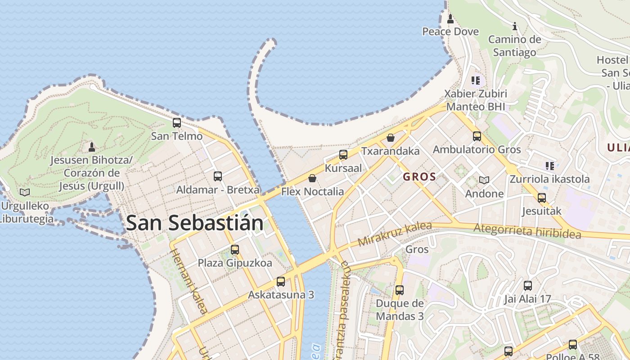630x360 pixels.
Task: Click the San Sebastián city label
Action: pyautogui.click(x=194, y=223)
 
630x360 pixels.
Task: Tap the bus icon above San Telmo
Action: pyautogui.click(x=177, y=122)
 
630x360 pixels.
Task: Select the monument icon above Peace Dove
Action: pyautogui.click(x=450, y=18)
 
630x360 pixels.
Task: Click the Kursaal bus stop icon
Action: pyautogui.click(x=343, y=155)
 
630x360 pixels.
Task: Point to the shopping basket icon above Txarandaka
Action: pyautogui.click(x=391, y=137)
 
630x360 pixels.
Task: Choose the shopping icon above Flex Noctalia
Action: pyautogui.click(x=312, y=178)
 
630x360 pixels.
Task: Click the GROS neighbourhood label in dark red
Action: pyautogui.click(x=419, y=176)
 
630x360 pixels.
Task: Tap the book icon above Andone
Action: pyautogui.click(x=484, y=180)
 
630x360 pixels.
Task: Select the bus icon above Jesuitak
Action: pyautogui.click(x=542, y=198)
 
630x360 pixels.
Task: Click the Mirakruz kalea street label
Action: pyautogui.click(x=395, y=234)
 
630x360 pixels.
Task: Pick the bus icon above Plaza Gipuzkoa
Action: pyautogui.click(x=235, y=249)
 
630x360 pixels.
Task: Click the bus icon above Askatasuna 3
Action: pyautogui.click(x=281, y=282)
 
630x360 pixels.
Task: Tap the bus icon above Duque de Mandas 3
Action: pyautogui.click(x=400, y=290)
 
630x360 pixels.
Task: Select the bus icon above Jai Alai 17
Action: pyautogui.click(x=528, y=285)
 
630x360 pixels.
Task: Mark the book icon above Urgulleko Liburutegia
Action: pyautogui.click(x=25, y=192)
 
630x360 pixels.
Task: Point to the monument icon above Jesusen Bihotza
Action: pyautogui.click(x=92, y=147)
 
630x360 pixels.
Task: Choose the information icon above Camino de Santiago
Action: pyautogui.click(x=515, y=27)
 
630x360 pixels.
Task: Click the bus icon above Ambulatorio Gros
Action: pyautogui.click(x=477, y=136)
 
